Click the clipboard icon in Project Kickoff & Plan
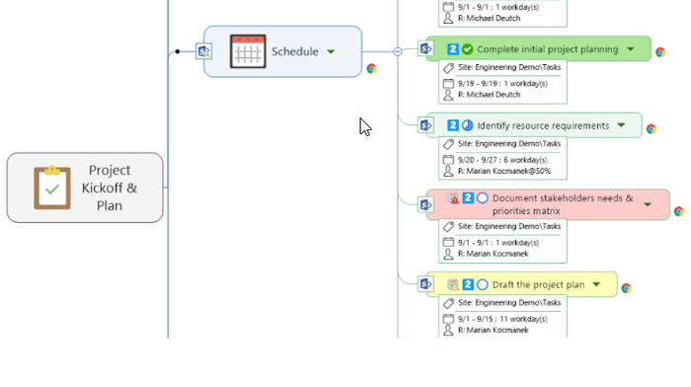(x=51, y=188)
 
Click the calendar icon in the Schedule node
(x=248, y=51)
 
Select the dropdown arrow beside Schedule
(x=331, y=51)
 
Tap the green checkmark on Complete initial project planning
(x=467, y=49)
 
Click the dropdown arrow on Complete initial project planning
(x=630, y=49)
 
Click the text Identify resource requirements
(x=543, y=125)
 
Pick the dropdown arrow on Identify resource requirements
(x=621, y=125)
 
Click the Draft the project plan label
(x=538, y=284)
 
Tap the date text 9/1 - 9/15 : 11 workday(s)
(x=499, y=318)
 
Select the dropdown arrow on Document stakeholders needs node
(x=648, y=204)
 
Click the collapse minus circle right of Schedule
(x=398, y=51)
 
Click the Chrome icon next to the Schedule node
(x=371, y=69)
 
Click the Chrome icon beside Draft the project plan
(x=626, y=288)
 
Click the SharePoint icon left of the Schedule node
(x=204, y=51)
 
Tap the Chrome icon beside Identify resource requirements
(x=651, y=128)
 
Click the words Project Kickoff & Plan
(x=109, y=188)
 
